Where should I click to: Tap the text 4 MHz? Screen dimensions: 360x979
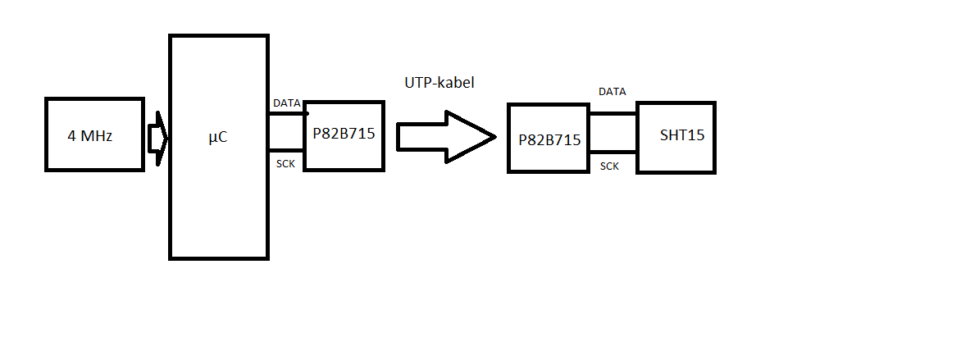pos(90,135)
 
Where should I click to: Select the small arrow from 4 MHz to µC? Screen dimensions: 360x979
pos(157,137)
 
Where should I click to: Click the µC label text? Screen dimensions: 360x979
pos(217,138)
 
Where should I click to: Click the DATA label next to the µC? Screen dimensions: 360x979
pos(286,103)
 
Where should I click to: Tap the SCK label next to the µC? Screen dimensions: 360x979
pos(285,164)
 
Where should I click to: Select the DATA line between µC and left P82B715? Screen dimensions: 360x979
pos(286,114)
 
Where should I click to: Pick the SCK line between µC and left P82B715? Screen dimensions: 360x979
pos(286,150)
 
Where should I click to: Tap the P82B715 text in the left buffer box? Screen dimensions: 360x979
pos(344,133)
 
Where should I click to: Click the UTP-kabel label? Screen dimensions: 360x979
pos(439,83)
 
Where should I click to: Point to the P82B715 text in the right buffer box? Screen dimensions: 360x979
pos(549,139)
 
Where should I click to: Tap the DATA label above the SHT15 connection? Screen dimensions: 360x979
pos(612,92)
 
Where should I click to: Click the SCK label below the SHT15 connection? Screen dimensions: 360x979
pos(609,166)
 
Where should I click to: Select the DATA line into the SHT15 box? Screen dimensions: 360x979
pos(612,114)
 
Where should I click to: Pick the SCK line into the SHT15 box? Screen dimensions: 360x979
pos(612,152)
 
